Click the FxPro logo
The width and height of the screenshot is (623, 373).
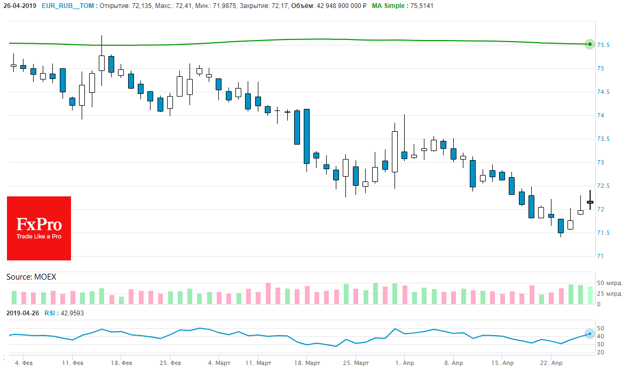[39, 228]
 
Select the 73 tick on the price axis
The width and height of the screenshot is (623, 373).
[601, 162]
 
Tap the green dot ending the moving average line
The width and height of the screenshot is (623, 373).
[589, 44]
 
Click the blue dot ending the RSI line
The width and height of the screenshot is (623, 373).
[589, 334]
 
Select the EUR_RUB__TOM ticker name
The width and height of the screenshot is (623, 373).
[68, 6]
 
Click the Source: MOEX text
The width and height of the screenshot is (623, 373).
[31, 277]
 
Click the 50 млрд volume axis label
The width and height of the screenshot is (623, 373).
[608, 283]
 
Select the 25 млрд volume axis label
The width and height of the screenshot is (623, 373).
[608, 293]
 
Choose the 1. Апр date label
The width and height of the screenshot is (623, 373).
[405, 363]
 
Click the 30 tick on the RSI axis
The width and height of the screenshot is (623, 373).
[601, 344]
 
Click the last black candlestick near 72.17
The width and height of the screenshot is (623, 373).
[590, 202]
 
